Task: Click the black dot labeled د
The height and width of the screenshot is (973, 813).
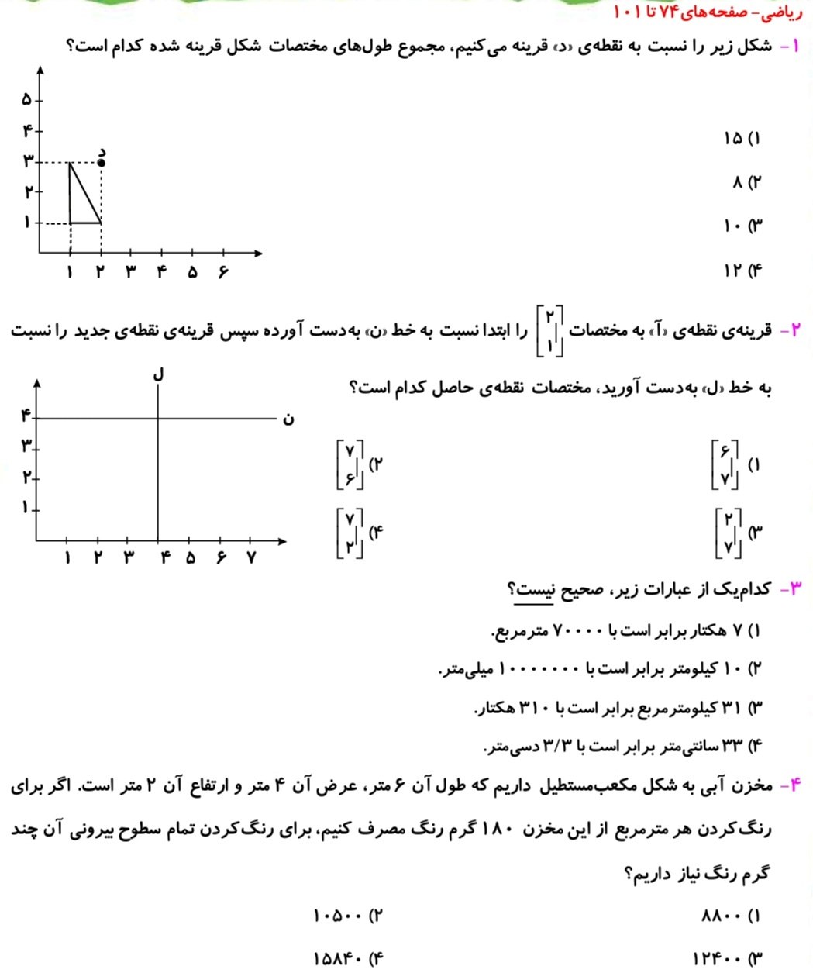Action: click(x=101, y=162)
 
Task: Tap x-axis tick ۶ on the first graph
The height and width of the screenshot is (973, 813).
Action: click(x=223, y=272)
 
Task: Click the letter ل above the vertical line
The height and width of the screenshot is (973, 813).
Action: click(x=159, y=373)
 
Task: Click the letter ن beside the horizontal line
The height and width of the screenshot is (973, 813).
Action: click(x=288, y=419)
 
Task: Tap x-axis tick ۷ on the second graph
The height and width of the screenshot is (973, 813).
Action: click(x=251, y=557)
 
